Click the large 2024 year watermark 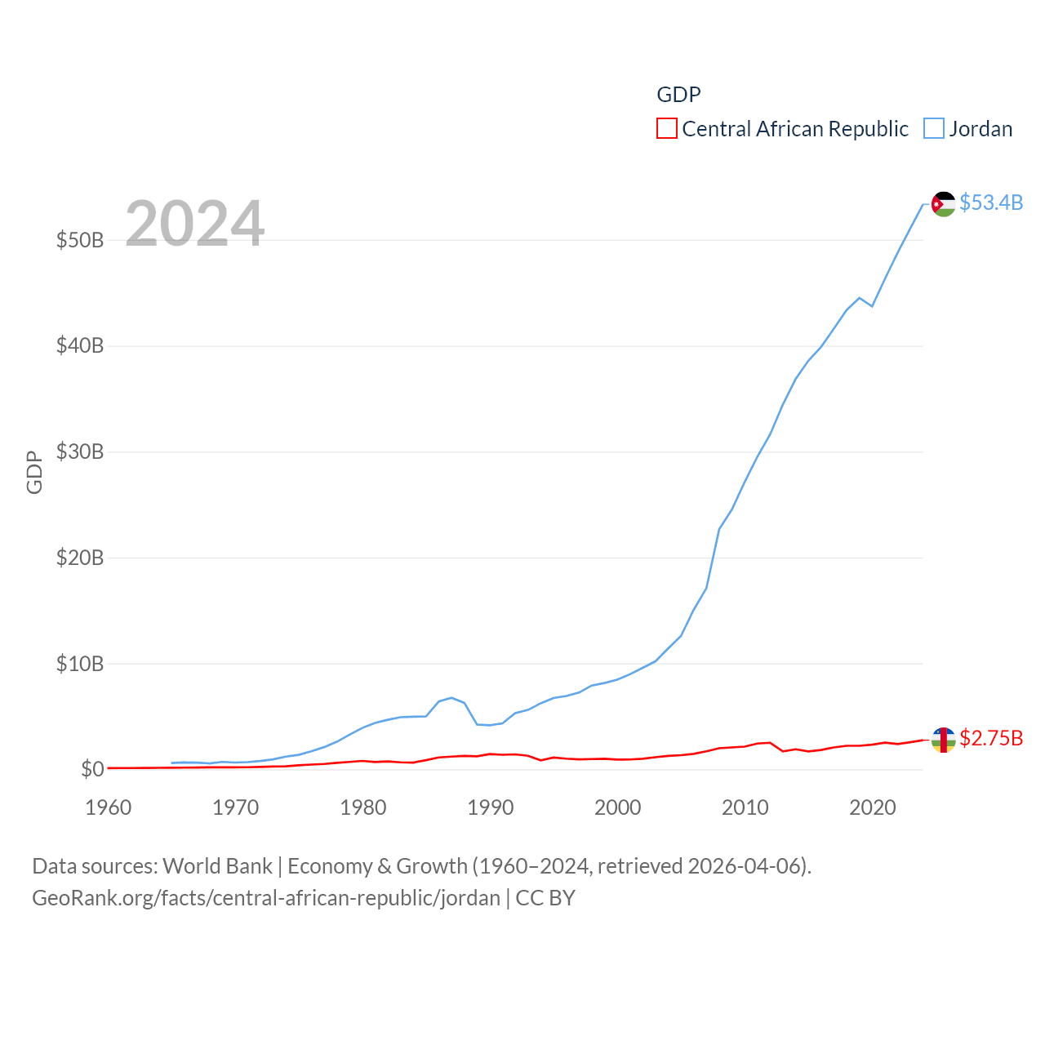tap(194, 223)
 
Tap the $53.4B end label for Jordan tap(991, 202)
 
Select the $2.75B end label tap(991, 738)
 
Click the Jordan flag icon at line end tap(944, 204)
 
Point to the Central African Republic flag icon tap(944, 740)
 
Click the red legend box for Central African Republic tap(667, 129)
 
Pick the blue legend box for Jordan tap(934, 129)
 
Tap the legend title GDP tap(678, 95)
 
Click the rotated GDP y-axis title tap(34, 472)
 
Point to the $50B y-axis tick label tap(80, 240)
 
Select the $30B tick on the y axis tap(80, 451)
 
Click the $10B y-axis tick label tap(80, 664)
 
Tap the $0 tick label tap(92, 769)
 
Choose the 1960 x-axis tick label tap(109, 807)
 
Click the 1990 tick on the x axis tap(491, 807)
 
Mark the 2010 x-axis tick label tap(745, 807)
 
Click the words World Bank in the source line tap(217, 866)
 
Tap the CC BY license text tap(545, 898)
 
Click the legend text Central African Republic tap(795, 129)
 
